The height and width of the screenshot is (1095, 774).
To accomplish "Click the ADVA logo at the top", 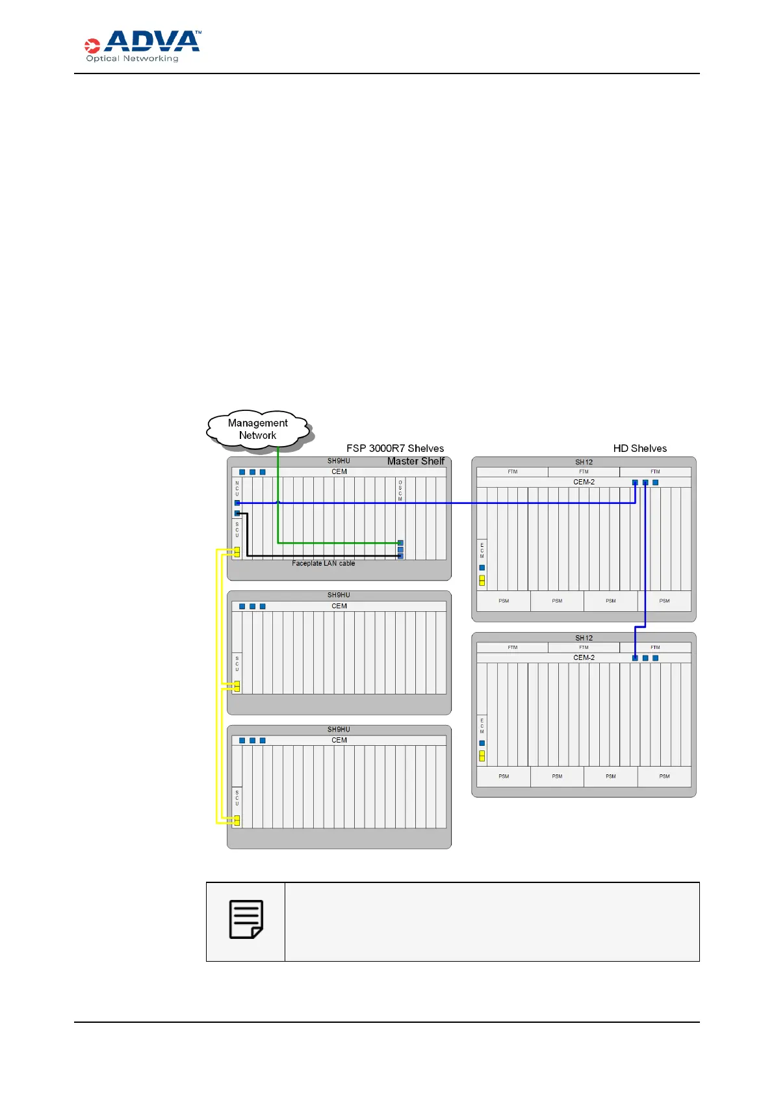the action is [143, 46].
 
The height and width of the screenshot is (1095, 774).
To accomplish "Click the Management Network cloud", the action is [258, 429].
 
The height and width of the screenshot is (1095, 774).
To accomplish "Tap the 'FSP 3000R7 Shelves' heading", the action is [395, 449].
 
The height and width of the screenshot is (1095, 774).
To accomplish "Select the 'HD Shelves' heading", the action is [639, 449].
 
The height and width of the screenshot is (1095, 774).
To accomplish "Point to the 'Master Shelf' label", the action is [416, 461].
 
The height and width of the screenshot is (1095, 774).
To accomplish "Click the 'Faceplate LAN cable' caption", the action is [324, 563].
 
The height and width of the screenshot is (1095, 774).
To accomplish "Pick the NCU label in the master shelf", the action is [237, 489].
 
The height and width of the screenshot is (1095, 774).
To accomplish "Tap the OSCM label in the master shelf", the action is [400, 490].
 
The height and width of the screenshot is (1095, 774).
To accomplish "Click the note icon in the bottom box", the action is [246, 919].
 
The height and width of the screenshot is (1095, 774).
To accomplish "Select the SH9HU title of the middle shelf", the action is [339, 595].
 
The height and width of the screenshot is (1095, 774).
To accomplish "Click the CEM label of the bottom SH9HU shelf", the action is [339, 740].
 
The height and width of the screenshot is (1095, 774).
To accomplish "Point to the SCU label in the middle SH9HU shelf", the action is [237, 664].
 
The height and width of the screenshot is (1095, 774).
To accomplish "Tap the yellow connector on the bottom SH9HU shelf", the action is [237, 821].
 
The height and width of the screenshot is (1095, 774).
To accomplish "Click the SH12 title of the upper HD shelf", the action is [584, 462].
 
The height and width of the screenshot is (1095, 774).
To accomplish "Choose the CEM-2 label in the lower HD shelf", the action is [584, 657].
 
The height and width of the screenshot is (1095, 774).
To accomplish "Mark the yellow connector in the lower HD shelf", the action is [482, 756].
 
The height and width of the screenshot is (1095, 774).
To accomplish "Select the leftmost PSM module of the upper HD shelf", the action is [504, 601].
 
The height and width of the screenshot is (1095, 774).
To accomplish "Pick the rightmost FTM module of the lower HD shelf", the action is [655, 647].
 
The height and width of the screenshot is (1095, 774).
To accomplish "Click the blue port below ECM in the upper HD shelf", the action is [482, 568].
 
